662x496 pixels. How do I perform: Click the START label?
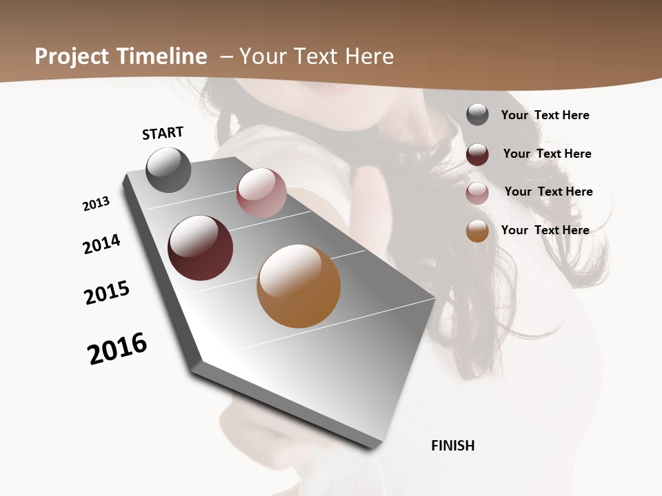(163, 133)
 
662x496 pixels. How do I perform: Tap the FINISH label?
(452, 446)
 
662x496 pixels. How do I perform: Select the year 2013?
(96, 204)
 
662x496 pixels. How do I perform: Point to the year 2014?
(101, 244)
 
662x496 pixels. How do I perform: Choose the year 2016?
(117, 348)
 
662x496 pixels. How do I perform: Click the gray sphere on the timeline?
(168, 170)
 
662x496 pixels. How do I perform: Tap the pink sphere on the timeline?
(261, 193)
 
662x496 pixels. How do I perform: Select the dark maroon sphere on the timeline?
(200, 248)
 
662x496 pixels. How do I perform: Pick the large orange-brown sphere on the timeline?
(299, 286)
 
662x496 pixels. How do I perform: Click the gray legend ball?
(477, 114)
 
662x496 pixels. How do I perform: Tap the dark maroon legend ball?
(477, 154)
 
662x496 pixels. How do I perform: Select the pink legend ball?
(477, 193)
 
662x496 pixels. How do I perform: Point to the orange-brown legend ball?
(477, 231)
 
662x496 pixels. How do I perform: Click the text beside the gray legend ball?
(545, 115)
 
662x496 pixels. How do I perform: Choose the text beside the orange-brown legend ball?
(545, 230)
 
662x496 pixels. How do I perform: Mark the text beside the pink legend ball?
(548, 192)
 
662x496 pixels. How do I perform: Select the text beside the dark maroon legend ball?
(547, 154)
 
